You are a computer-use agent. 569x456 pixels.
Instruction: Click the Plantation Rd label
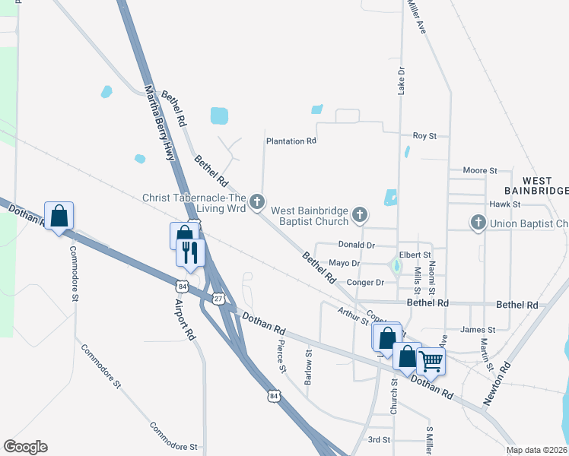(x=291, y=141)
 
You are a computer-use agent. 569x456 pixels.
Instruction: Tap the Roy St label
(x=424, y=136)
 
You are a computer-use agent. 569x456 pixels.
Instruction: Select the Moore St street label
(x=479, y=171)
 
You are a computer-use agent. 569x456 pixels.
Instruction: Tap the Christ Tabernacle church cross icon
(x=258, y=201)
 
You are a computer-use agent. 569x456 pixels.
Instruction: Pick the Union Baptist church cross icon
(x=478, y=223)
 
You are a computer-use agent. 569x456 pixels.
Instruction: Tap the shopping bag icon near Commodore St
(x=59, y=216)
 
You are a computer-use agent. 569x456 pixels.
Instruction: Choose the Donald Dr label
(x=357, y=245)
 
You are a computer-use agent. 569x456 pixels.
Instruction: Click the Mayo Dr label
(x=344, y=264)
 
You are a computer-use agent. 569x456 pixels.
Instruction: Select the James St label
(x=478, y=330)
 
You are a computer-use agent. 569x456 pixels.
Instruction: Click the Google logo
(x=25, y=447)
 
